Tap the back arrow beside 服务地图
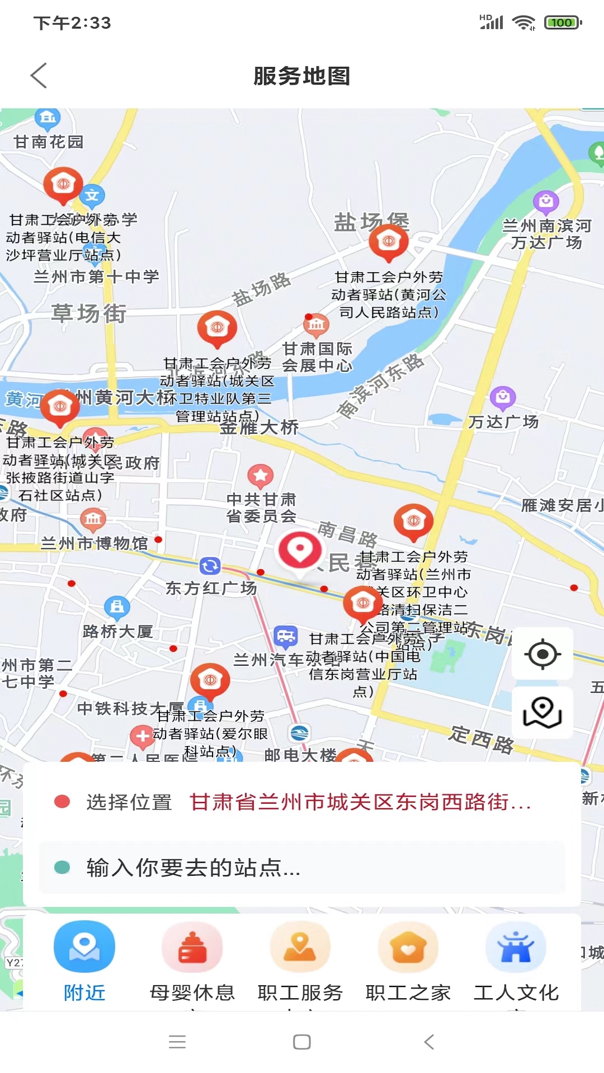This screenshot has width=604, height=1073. (39, 75)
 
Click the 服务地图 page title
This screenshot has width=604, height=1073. (302, 76)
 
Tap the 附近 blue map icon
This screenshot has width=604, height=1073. (84, 946)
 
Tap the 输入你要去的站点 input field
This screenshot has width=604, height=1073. (302, 867)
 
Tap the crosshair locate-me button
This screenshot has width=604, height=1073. (542, 654)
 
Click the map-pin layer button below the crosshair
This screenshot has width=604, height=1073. (542, 712)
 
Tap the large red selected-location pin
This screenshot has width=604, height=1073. (300, 550)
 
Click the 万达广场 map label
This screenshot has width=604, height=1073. (503, 422)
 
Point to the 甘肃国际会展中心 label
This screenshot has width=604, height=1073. (317, 357)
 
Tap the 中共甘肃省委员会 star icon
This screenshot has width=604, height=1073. (261, 476)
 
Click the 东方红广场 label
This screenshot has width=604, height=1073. (211, 588)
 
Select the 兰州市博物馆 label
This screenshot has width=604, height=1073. (94, 543)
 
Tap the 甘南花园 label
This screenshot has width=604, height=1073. (49, 142)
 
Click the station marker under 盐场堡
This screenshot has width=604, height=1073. (389, 242)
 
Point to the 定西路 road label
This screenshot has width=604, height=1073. (481, 738)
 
